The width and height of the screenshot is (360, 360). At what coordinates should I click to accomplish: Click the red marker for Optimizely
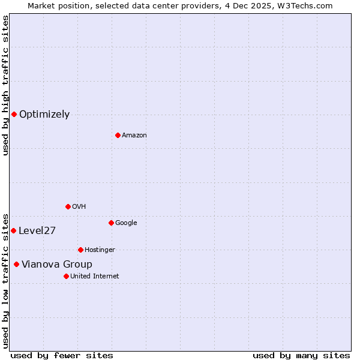(14, 114)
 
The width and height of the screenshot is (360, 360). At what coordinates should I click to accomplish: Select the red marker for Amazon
(118, 135)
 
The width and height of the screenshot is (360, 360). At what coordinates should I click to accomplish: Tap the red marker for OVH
(68, 206)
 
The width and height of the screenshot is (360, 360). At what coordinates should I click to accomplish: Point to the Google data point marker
(111, 223)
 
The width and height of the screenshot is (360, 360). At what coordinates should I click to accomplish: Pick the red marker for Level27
(13, 230)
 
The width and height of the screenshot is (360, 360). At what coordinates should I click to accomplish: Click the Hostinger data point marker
(80, 250)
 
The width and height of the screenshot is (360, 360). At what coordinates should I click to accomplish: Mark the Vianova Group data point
(16, 264)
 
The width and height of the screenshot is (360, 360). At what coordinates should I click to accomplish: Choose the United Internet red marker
(66, 276)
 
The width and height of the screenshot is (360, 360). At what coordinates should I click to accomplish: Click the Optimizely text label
(44, 115)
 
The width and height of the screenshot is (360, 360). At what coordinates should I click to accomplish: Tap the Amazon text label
(134, 136)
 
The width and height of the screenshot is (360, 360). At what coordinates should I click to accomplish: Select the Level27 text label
(37, 231)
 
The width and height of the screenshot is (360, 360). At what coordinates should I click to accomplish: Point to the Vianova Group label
(57, 265)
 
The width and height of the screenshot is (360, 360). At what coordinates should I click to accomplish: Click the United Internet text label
(95, 277)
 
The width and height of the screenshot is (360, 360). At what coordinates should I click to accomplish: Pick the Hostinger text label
(100, 250)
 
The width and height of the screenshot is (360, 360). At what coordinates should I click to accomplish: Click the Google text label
(126, 223)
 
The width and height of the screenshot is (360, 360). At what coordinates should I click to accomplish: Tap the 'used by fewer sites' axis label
(62, 355)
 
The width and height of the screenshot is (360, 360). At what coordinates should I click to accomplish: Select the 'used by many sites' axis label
(301, 355)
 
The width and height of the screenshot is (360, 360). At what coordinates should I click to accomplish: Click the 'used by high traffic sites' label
(5, 86)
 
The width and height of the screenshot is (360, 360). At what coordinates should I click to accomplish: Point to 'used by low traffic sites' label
(5, 280)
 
